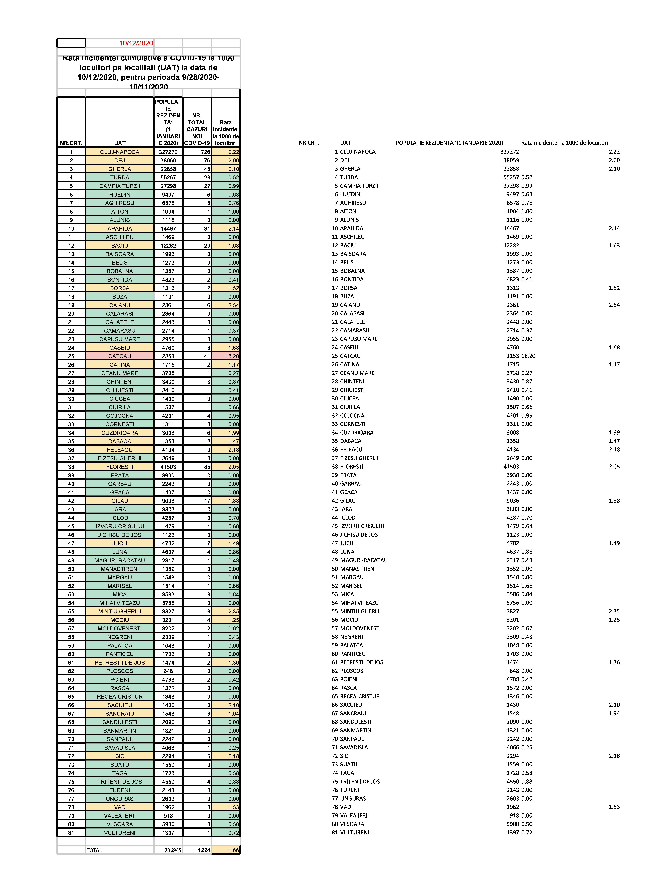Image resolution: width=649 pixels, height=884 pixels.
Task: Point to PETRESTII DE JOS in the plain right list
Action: point(361,662)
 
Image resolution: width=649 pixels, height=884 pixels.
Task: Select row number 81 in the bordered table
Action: point(71,832)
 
